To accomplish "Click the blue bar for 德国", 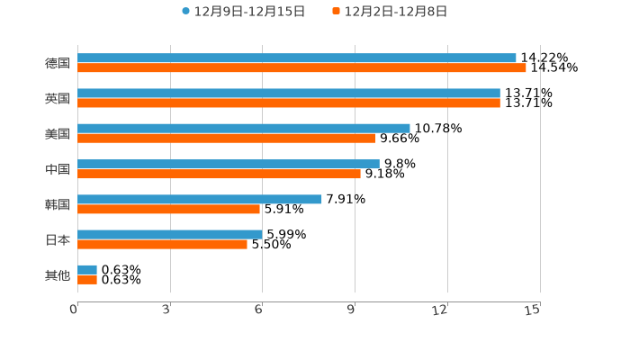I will [297, 58].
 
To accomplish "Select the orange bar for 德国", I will [301, 67].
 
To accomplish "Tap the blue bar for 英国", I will [289, 93].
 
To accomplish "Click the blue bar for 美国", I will [244, 128].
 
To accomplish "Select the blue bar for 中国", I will [229, 164].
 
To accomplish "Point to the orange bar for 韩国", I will [169, 209].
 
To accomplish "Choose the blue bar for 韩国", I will [200, 199].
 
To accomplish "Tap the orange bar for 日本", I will [163, 244].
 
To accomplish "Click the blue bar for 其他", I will [87, 269].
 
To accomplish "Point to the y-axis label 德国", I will [58, 63].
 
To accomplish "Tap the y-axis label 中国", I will [58, 169].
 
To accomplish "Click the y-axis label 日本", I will [58, 239].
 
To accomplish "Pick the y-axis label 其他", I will [58, 274].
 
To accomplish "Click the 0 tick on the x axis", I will [74, 310].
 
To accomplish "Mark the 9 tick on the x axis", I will [352, 310].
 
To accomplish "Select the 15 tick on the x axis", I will [533, 310].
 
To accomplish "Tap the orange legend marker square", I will [336, 12].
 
